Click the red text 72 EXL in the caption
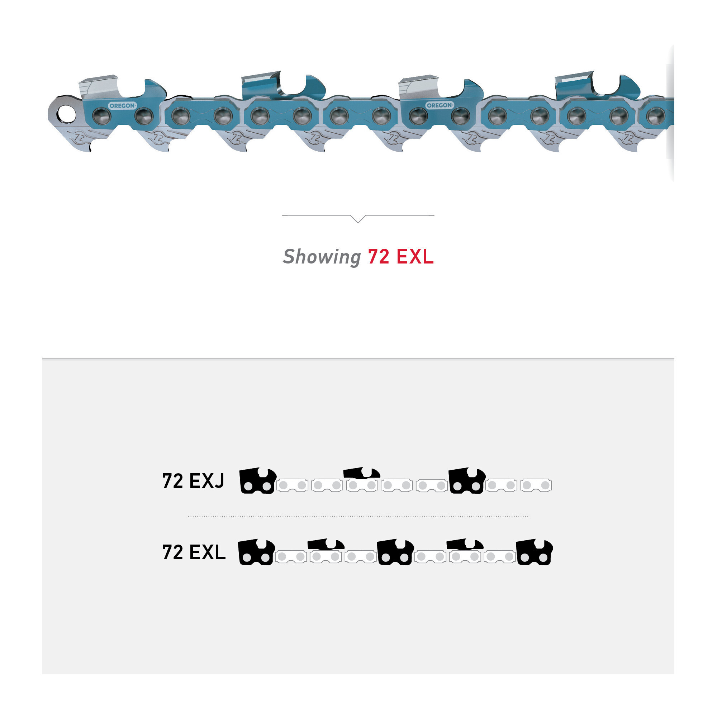(400, 256)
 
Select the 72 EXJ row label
(193, 481)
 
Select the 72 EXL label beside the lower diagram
(194, 552)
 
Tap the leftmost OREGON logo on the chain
(122, 106)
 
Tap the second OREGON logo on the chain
(440, 105)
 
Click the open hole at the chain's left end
(66, 114)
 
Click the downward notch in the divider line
(358, 219)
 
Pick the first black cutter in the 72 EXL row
(256, 552)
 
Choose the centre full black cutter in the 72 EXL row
(395, 552)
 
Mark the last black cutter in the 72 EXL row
(535, 552)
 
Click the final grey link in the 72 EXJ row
(536, 485)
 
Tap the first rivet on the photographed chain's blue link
(101, 116)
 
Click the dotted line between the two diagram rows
(358, 516)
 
